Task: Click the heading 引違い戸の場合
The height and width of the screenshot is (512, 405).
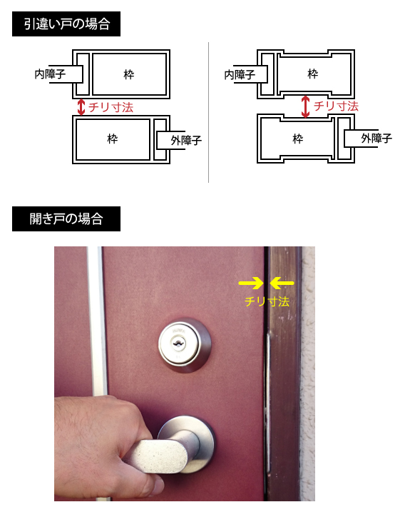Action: point(67,24)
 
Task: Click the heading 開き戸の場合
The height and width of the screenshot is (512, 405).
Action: point(66,219)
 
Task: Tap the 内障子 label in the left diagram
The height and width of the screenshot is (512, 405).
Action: point(50,74)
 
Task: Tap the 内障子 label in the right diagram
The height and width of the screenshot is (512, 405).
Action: point(240,75)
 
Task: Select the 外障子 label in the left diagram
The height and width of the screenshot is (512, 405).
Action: point(186,141)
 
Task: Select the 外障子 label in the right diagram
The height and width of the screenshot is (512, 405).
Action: point(376,139)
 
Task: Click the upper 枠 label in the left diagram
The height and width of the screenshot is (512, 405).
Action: point(129,74)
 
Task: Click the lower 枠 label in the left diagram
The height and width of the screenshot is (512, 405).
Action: point(113,139)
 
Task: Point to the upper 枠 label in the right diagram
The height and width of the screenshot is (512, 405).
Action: point(313,74)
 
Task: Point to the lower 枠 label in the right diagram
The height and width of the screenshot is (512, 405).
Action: point(298,139)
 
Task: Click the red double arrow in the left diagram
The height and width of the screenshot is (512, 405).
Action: point(81,107)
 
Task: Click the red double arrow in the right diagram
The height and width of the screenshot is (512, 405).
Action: point(305,106)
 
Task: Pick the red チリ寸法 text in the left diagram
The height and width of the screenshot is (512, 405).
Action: point(111,107)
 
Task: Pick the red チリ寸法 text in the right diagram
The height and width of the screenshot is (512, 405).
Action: point(336,106)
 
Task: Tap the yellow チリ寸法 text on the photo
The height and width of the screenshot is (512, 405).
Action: point(267,301)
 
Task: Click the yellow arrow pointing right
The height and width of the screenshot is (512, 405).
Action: point(251,283)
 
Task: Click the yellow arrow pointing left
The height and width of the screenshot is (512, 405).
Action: point(282,283)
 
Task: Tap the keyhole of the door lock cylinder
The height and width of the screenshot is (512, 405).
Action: point(178,343)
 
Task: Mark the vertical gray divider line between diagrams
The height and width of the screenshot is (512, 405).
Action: point(208,112)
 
